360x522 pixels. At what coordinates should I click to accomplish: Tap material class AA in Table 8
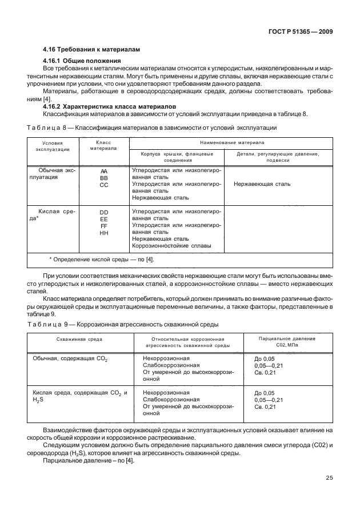[104, 171]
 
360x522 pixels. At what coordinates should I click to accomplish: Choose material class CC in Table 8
[104, 185]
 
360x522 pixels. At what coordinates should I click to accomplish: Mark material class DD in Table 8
[104, 212]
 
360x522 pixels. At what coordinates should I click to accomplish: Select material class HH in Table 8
[104, 233]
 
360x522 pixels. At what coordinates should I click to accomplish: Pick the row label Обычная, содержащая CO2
[73, 358]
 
